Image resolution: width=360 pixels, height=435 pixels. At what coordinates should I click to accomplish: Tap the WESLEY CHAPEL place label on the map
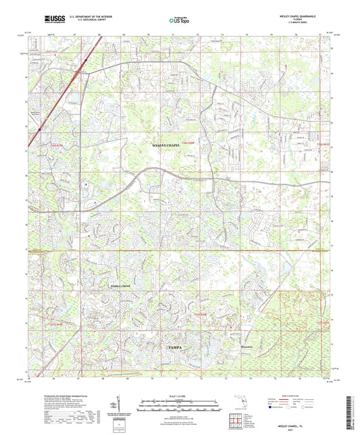pos(167,145)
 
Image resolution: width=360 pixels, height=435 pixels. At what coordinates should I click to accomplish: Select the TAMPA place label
pos(174,346)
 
